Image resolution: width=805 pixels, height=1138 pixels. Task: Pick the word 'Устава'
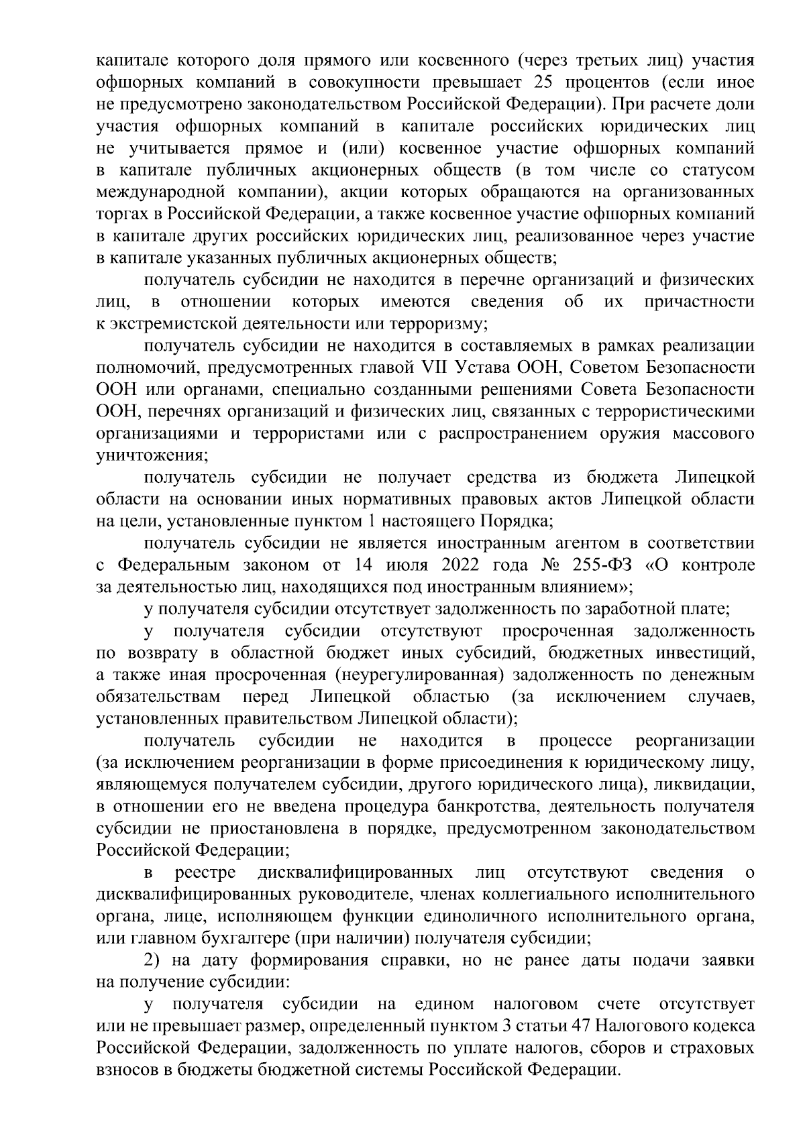tap(488, 367)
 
